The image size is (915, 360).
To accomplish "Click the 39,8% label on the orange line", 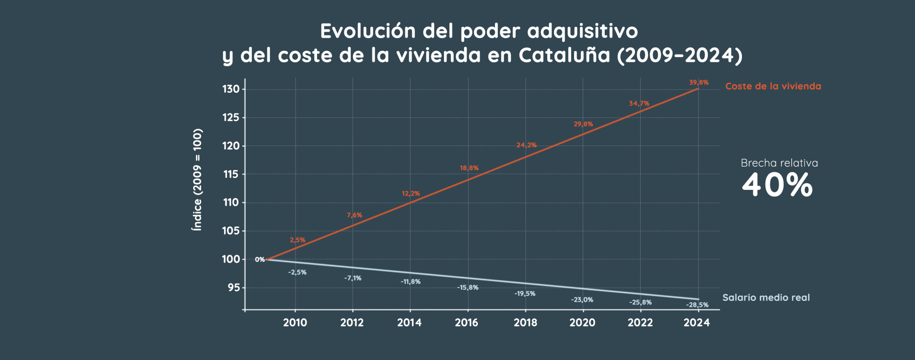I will click(x=698, y=83).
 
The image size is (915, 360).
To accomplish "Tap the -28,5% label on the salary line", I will click(x=697, y=305).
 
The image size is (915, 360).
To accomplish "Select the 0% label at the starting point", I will click(x=260, y=260).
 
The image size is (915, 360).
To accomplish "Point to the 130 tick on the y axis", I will click(x=231, y=89).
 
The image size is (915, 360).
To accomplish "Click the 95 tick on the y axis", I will click(x=234, y=287).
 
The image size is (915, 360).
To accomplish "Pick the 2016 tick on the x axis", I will click(x=466, y=323).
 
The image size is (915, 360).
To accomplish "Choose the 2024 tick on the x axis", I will click(x=697, y=323).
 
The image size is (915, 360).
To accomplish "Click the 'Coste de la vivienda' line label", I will click(x=773, y=86).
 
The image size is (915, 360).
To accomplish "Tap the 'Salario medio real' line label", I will click(x=766, y=297).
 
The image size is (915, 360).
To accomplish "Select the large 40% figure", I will click(x=777, y=185).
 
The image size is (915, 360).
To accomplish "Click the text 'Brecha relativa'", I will click(x=779, y=163).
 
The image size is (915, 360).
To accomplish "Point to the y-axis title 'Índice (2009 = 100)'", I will click(x=197, y=179).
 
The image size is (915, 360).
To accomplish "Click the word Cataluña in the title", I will click(x=564, y=55).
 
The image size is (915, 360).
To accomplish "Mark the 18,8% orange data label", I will click(x=469, y=168).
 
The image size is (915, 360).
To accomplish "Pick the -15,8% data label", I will click(x=468, y=287).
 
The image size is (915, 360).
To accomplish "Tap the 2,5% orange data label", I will click(x=297, y=240).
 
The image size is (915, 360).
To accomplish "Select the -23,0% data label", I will click(x=582, y=300).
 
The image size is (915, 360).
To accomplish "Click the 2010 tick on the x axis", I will click(x=295, y=323).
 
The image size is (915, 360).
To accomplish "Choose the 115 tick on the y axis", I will click(x=231, y=174).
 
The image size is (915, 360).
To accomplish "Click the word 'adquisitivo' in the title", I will click(x=582, y=31).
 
